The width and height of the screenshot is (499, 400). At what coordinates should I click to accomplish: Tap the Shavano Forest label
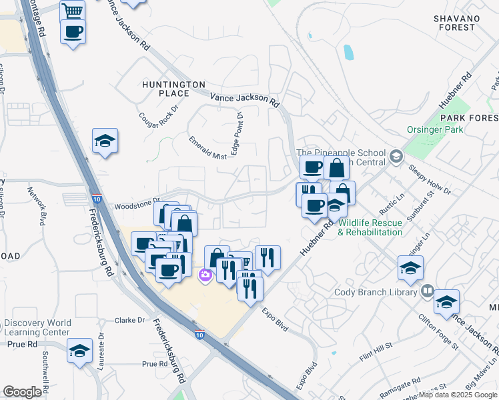tap(463, 22)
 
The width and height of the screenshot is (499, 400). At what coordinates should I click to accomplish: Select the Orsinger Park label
tap(434, 130)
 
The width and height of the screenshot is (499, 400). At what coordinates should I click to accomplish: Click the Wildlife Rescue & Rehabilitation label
tap(370, 227)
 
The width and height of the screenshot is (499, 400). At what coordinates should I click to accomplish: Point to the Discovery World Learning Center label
tap(37, 327)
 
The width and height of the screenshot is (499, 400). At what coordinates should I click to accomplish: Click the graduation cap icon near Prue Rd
tap(79, 350)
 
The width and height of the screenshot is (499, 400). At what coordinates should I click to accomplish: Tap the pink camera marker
tap(205, 275)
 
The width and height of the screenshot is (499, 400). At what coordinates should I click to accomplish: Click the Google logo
tap(22, 391)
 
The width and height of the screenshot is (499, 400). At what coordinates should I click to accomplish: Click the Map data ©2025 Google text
tap(458, 395)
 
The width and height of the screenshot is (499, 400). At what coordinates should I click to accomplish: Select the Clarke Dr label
tap(130, 320)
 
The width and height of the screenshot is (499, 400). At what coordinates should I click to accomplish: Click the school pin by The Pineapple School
tap(396, 157)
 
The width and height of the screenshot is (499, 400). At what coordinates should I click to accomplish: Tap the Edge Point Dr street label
tap(236, 133)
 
